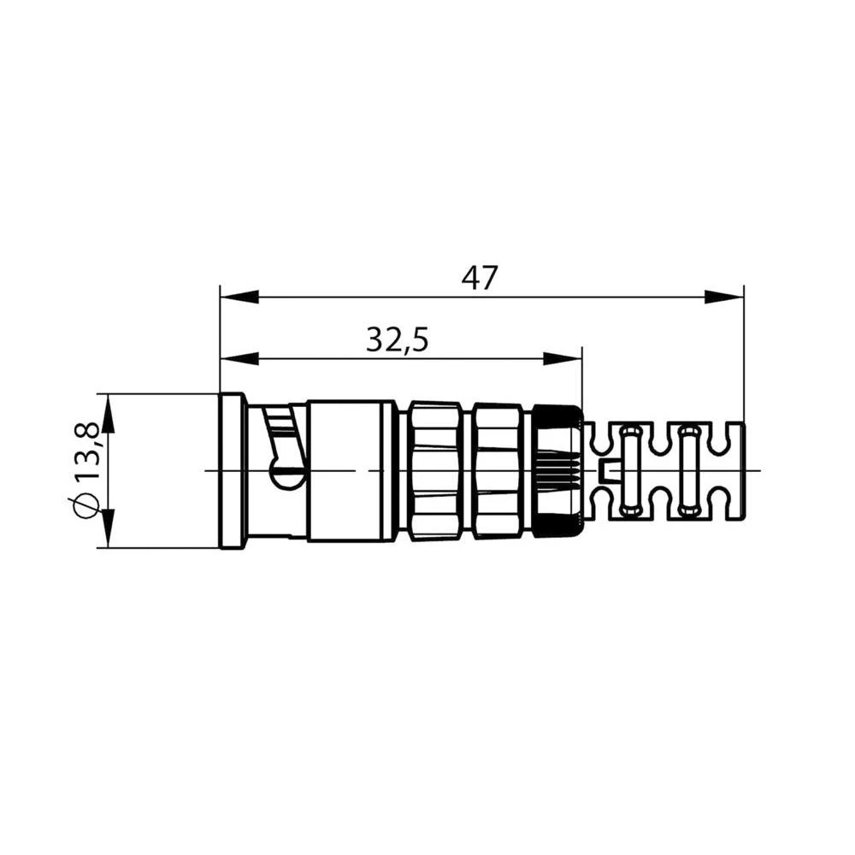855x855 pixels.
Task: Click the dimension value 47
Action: pos(480,278)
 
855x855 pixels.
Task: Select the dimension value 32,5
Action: pos(397,340)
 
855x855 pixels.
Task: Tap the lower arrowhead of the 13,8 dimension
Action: pos(108,529)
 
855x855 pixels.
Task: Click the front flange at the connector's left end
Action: pos(232,470)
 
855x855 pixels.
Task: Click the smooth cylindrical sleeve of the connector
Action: pos(351,470)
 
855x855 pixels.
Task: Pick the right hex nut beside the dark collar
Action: pos(498,470)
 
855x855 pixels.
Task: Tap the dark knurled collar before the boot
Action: pos(557,470)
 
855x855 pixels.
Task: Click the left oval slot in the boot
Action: pos(630,470)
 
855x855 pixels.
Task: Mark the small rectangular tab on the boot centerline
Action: pos(609,469)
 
